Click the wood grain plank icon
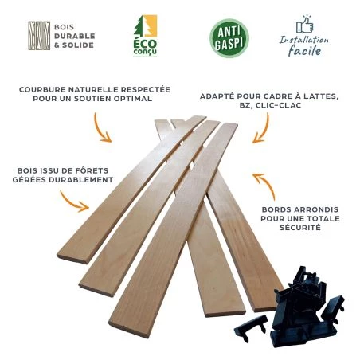39,36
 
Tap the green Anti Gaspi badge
229,38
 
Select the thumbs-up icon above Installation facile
305,24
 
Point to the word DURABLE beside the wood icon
75,36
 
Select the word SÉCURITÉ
300,228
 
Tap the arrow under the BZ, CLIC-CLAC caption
262,129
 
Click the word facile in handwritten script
304,50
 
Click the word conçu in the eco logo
145,52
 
